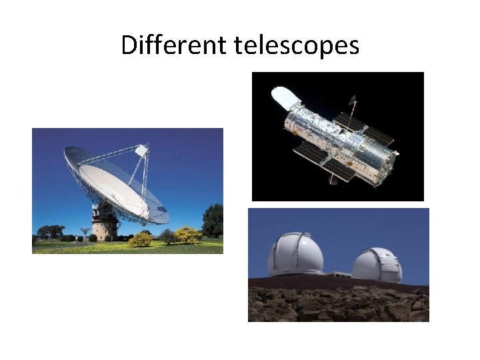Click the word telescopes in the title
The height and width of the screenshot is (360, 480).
(x=297, y=45)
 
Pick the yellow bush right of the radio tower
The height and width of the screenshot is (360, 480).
(x=141, y=239)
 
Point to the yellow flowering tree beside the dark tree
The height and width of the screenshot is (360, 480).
(x=187, y=234)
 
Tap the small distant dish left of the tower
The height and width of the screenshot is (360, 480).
(x=83, y=231)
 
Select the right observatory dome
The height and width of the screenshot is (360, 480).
(x=377, y=264)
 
